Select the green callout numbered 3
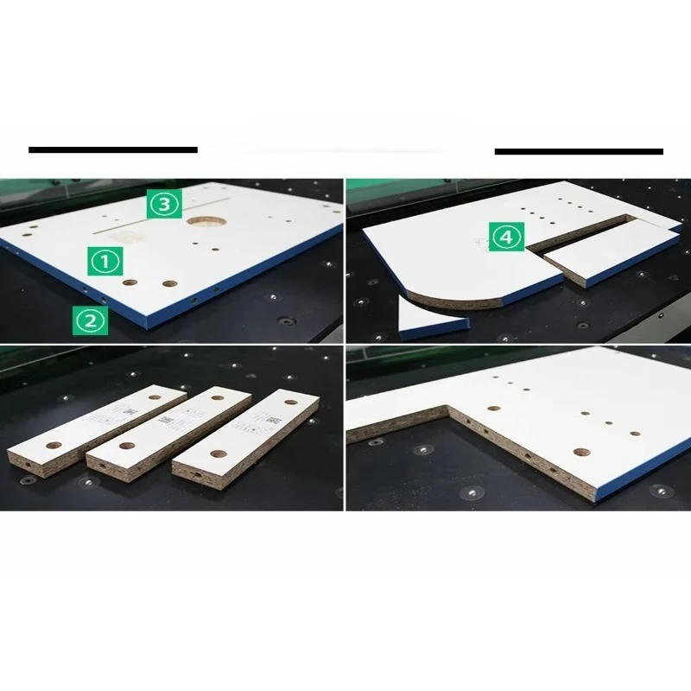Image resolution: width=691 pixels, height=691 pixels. [x=162, y=204]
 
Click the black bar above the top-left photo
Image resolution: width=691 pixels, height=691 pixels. [x=112, y=150]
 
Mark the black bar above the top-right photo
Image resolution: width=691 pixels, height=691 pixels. [x=579, y=151]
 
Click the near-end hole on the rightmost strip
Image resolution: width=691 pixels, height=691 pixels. [x=217, y=453]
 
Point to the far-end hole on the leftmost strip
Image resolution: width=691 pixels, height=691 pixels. [x=155, y=396]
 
